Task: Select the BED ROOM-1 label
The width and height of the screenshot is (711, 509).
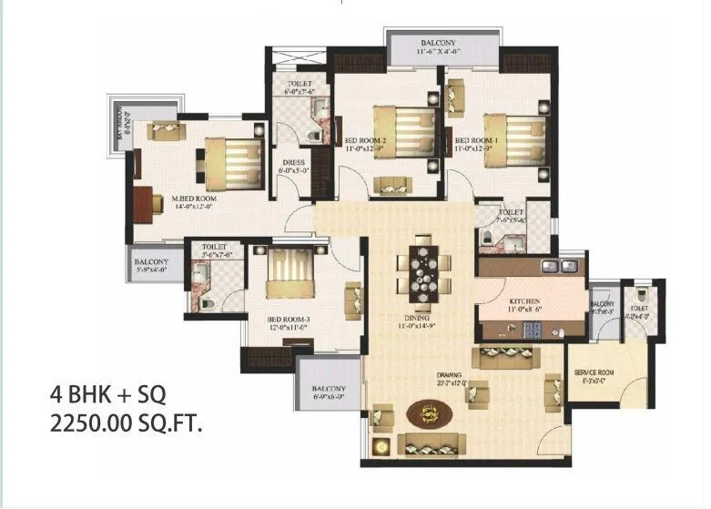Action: pyautogui.click(x=476, y=140)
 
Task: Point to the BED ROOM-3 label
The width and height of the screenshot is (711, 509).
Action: pyautogui.click(x=289, y=320)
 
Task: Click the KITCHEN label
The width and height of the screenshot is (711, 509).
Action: pyautogui.click(x=525, y=301)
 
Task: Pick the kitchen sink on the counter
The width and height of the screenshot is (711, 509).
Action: pyautogui.click(x=558, y=267)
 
